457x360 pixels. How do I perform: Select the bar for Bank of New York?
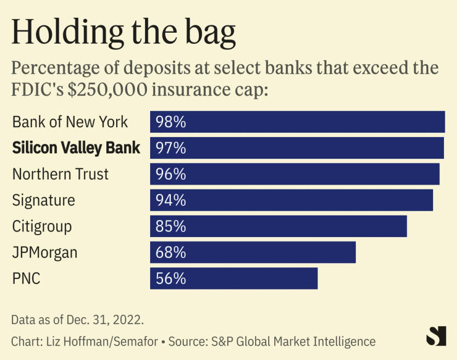[x=297, y=122]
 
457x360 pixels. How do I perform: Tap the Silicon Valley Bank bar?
[x=296, y=148]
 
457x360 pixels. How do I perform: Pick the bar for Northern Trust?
[x=295, y=174]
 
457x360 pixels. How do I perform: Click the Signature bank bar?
[x=291, y=200]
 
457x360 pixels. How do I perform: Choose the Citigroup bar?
[x=278, y=226]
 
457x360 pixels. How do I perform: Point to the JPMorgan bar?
[x=253, y=252]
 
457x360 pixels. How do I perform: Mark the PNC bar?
[x=233, y=278]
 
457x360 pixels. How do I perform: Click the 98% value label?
[x=171, y=122]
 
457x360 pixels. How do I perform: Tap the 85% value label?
[x=171, y=226]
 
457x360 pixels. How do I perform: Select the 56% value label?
[x=171, y=278]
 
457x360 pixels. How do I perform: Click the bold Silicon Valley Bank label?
[x=76, y=148]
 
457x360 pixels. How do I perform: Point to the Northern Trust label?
[x=61, y=174]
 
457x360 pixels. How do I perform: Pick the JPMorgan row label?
[x=44, y=253]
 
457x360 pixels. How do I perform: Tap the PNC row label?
[x=26, y=278]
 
